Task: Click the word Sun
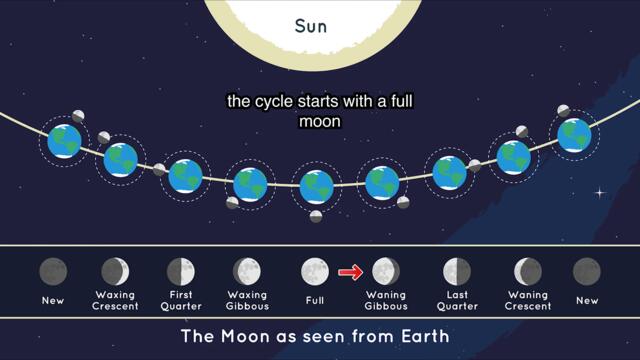click(x=319, y=26)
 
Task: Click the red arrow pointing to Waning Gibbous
click(x=349, y=271)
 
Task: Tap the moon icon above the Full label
click(x=315, y=271)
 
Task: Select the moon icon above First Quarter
click(x=181, y=271)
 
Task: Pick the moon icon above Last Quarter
click(x=457, y=271)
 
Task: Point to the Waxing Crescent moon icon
click(x=116, y=271)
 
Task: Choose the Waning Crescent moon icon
click(x=528, y=271)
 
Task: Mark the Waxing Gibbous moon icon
click(x=247, y=271)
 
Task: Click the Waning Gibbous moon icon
click(x=385, y=271)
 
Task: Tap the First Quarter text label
click(x=181, y=301)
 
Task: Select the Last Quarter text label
click(x=457, y=301)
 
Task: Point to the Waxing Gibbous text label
click(x=247, y=301)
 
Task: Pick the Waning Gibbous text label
click(x=386, y=301)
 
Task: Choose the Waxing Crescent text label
click(x=116, y=301)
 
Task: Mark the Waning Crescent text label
click(x=528, y=301)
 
